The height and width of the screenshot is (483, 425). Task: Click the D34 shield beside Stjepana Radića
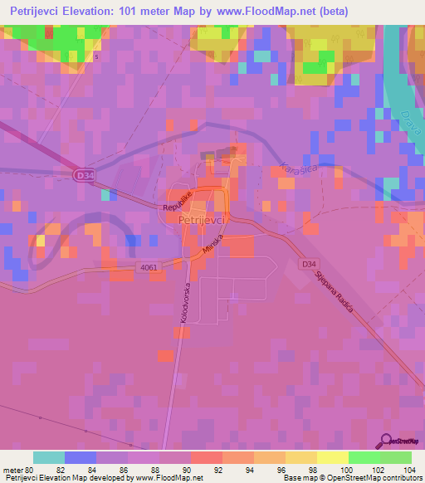point(309,264)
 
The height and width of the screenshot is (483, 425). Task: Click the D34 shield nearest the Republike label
point(82,175)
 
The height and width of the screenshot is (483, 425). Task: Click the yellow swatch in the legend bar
point(332,457)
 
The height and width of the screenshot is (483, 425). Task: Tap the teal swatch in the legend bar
point(49,457)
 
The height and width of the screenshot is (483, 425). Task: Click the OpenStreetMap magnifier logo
point(388,442)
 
